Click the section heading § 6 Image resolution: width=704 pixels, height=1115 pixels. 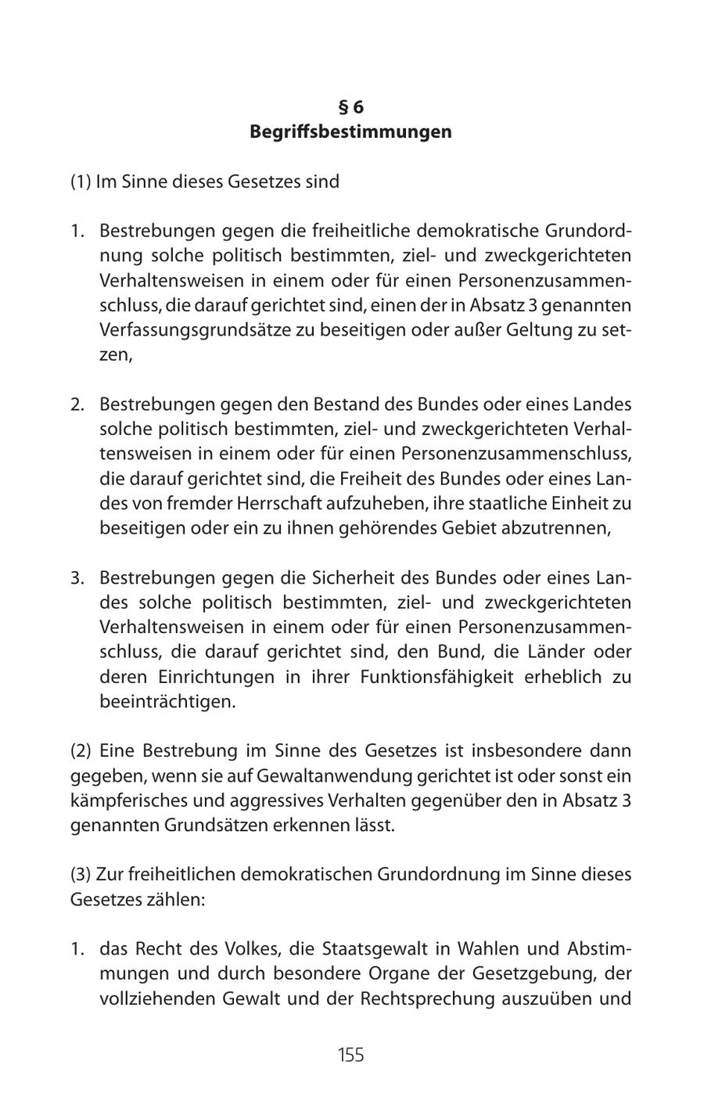click(x=350, y=107)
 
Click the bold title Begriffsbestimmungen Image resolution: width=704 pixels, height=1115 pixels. click(x=350, y=131)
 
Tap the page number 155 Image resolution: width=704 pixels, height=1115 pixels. click(x=350, y=1055)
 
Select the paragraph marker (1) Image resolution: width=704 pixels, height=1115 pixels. click(x=81, y=182)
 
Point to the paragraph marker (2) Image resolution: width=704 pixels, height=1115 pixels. click(x=81, y=751)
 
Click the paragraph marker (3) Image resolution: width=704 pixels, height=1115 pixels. click(x=81, y=874)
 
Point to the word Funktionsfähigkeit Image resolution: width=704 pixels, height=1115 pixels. click(x=436, y=677)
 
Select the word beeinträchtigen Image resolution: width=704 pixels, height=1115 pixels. click(x=167, y=701)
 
